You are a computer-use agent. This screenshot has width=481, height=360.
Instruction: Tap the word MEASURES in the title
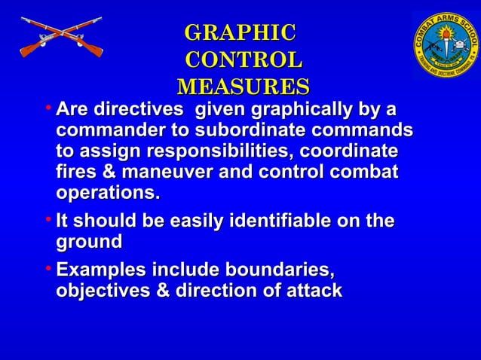pyautogui.click(x=243, y=85)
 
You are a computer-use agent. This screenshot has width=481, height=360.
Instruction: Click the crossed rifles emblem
pyautogui.click(x=60, y=38)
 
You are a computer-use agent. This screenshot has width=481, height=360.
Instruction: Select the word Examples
pyautogui.click(x=101, y=270)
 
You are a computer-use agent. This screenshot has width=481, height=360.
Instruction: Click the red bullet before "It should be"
pyautogui.click(x=47, y=221)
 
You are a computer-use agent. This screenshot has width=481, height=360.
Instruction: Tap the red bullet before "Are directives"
pyautogui.click(x=47, y=108)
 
